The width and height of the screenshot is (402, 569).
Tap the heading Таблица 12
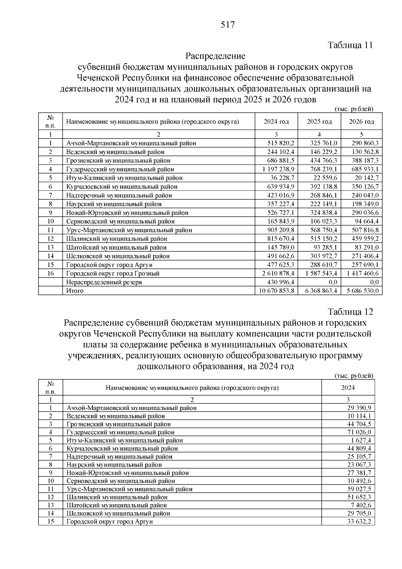point(350,312)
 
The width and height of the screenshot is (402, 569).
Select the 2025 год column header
point(319,121)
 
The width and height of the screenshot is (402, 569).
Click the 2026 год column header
point(361,121)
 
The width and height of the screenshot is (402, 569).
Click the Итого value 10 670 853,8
point(277,291)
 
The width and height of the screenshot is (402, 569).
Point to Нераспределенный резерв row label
point(104,282)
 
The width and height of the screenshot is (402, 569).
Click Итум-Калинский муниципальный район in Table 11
point(125,178)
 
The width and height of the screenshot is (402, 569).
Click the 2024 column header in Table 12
point(348,388)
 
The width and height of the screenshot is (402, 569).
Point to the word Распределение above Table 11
point(215,56)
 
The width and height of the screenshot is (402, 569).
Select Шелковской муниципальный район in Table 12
point(118,513)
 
